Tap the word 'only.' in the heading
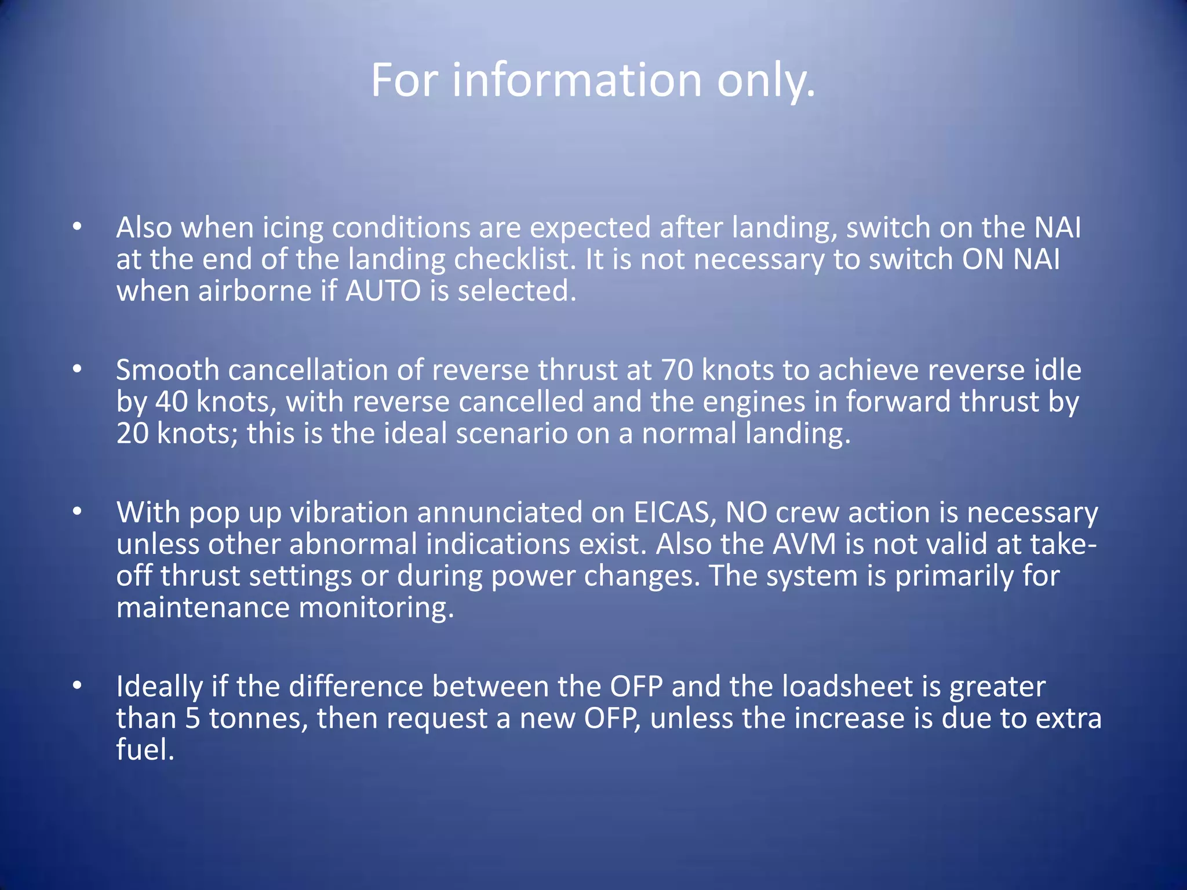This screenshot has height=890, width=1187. [x=766, y=81]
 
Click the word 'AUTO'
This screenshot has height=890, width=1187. [x=383, y=291]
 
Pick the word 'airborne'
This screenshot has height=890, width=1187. [x=254, y=291]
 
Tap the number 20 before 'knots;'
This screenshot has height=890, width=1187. [x=133, y=434]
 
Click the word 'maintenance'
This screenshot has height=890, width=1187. [x=203, y=608]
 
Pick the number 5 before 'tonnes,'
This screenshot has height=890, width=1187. [x=193, y=718]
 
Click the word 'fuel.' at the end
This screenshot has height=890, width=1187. [x=145, y=750]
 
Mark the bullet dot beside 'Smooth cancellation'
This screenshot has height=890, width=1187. [x=78, y=370]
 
